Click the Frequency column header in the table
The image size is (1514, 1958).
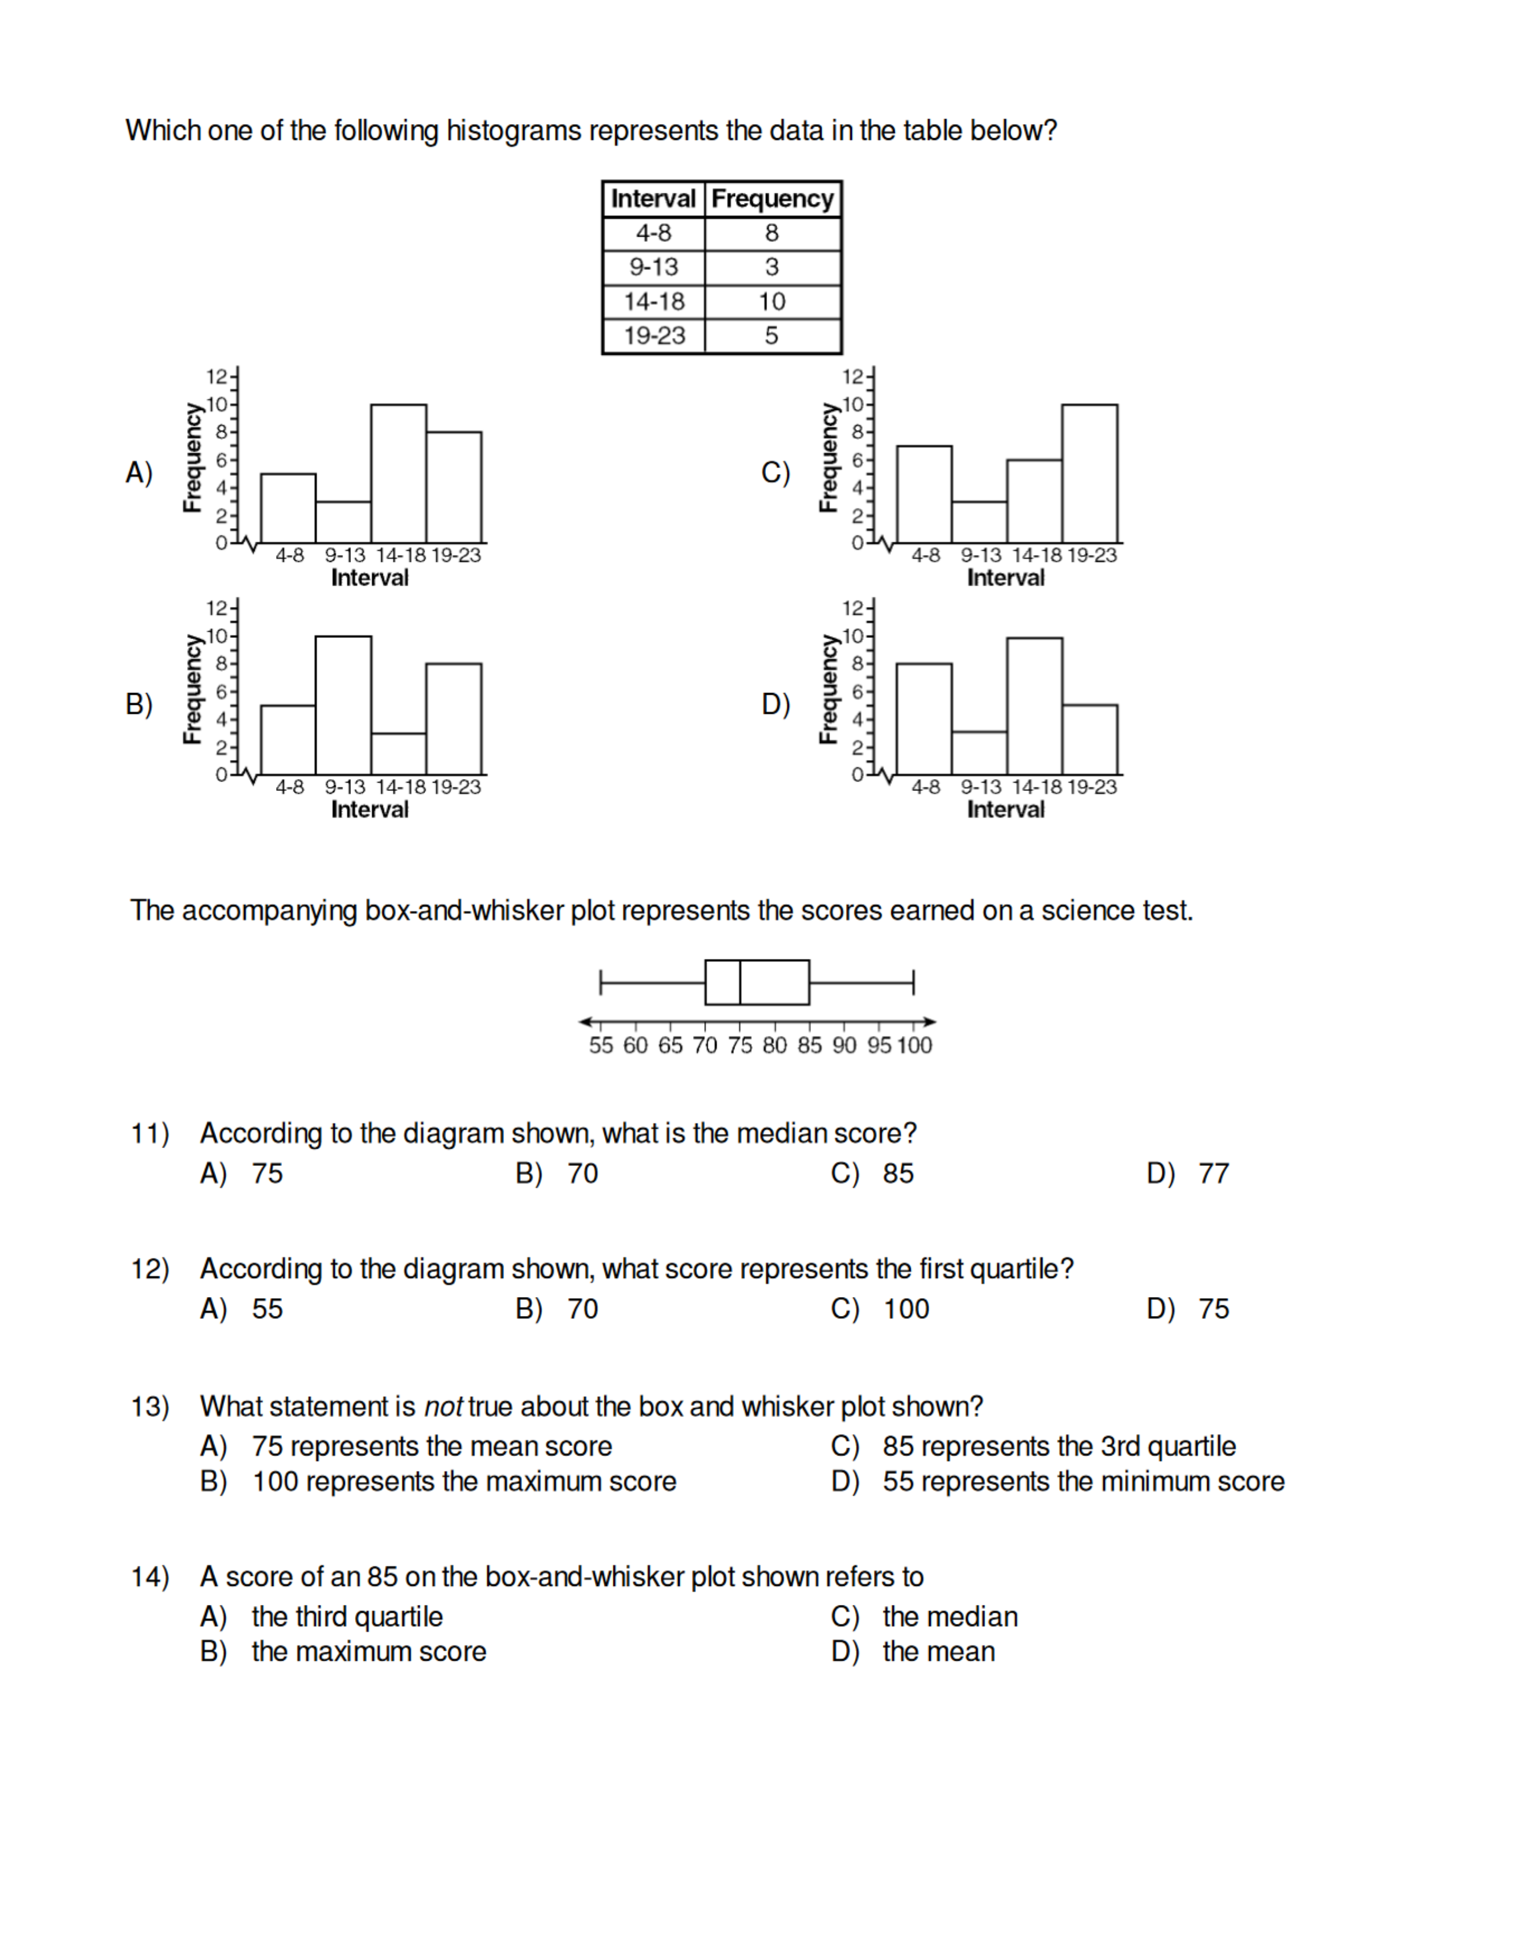(772, 198)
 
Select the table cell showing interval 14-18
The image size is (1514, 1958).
(654, 301)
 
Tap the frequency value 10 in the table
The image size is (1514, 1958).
(771, 301)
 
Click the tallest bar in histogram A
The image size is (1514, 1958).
(398, 473)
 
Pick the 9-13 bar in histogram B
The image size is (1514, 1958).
(344, 705)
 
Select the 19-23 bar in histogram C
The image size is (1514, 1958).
(1089, 473)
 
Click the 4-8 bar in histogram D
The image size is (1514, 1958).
(924, 719)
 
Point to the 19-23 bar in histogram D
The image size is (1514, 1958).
(1089, 740)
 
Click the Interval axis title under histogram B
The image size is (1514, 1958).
(369, 809)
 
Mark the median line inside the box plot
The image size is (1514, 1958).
(740, 983)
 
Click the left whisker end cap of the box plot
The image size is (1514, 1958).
(600, 983)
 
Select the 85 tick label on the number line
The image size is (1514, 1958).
(809, 1045)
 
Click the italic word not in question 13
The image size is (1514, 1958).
(443, 1407)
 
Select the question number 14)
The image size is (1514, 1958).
(150, 1577)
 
